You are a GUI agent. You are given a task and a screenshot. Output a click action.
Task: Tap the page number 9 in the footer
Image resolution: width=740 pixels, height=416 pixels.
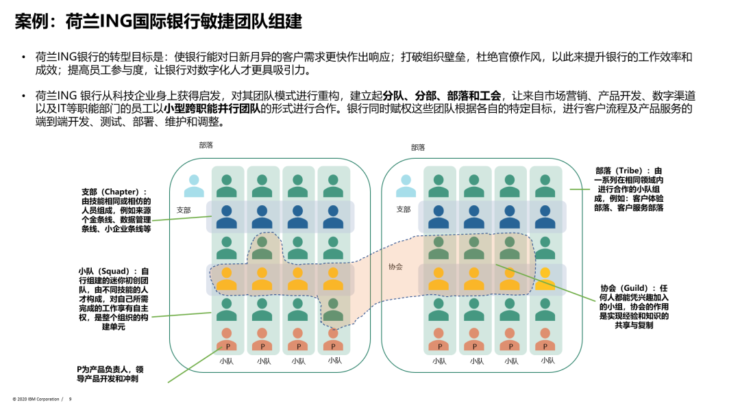tap(70, 399)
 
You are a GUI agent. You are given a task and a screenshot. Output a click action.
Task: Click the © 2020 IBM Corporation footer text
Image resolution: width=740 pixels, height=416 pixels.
tap(36, 399)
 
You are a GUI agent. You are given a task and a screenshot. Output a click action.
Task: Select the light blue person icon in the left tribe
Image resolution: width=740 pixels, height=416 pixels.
tap(194, 185)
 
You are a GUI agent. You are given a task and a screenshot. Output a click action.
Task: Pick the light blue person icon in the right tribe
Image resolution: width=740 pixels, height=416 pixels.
tap(406, 185)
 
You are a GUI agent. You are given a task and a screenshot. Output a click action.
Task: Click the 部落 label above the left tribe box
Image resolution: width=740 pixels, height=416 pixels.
tap(206, 146)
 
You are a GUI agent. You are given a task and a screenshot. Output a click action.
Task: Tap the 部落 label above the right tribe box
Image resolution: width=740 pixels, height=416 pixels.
tap(418, 147)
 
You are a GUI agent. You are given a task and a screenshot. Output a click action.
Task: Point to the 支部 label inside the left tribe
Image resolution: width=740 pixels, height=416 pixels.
tap(184, 209)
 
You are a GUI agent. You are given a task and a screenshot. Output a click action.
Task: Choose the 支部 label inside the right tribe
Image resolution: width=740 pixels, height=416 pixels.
tap(403, 209)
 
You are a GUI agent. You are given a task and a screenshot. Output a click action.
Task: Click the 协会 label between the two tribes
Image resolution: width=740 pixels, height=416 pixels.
tap(395, 267)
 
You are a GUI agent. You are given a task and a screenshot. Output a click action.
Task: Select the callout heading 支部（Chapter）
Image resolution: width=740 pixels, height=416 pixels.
tap(114, 192)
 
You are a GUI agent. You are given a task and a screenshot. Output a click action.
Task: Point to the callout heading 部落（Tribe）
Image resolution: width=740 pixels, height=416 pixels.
tap(629, 171)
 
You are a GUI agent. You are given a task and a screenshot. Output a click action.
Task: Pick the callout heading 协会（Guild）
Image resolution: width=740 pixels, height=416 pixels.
tap(634, 289)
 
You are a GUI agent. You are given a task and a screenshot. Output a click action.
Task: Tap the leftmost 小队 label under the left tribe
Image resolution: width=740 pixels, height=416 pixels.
tap(227, 361)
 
